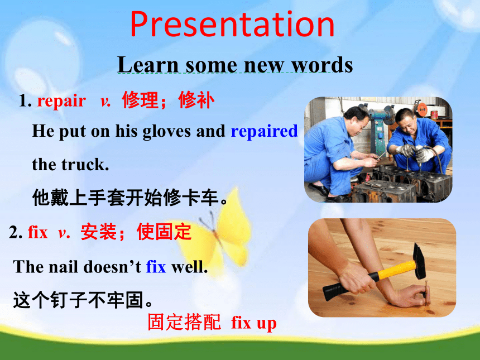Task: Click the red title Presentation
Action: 232,24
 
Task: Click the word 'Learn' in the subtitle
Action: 148,65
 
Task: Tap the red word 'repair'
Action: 61,100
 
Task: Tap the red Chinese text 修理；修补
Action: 168,100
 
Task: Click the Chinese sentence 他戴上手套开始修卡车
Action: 130,198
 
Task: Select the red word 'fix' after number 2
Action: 38,232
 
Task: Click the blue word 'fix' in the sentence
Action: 156,267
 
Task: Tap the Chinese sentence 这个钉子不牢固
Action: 83,300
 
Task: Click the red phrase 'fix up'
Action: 254,323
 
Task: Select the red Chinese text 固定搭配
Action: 184,322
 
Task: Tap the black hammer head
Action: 419,261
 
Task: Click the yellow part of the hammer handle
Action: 394,270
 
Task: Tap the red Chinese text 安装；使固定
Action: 136,232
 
